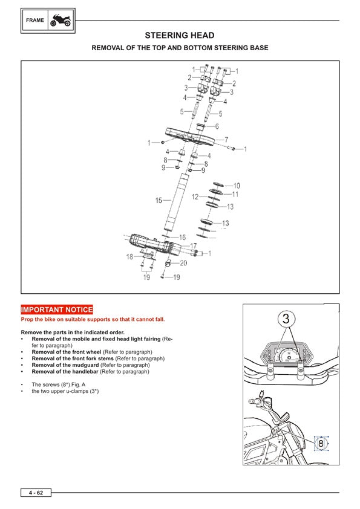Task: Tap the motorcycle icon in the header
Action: pos(61,20)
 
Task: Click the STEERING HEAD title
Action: pos(179,36)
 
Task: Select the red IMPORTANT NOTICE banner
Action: pos(57,310)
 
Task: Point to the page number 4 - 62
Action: pos(35,493)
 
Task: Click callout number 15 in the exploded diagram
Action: pos(159,200)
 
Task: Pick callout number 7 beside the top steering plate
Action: pos(226,140)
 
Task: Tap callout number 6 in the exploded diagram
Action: pos(217,126)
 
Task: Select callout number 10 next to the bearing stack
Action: pos(237,186)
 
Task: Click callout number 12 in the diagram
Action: pos(195,196)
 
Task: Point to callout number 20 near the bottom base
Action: pos(183,263)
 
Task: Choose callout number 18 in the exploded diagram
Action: pos(129,257)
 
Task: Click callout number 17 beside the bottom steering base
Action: pos(194,246)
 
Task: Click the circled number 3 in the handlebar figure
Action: pos(287,318)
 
